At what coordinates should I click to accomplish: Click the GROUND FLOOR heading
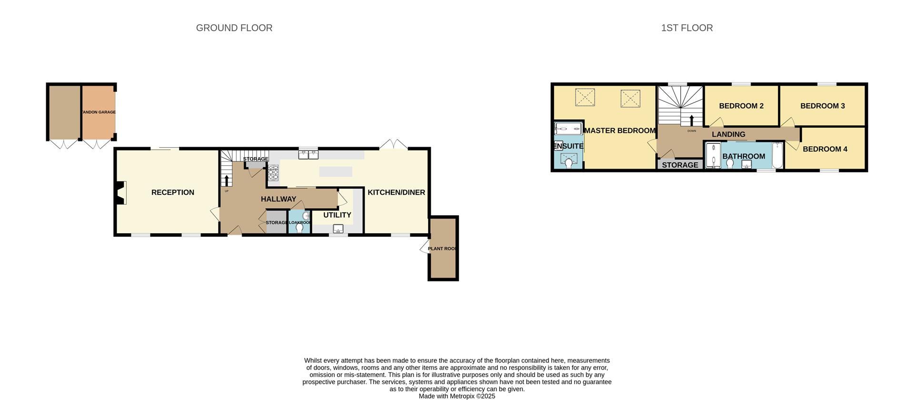[234, 28]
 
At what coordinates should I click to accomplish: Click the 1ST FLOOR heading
[686, 28]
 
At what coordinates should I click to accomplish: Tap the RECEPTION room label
[172, 192]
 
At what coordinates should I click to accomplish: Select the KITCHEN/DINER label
[396, 192]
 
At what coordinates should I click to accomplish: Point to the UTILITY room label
[337, 215]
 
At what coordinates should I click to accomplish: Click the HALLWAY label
[278, 199]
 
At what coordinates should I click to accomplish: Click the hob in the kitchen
[273, 173]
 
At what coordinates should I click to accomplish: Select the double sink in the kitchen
[308, 154]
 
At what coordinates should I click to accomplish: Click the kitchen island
[336, 171]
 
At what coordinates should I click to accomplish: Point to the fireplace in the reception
[120, 193]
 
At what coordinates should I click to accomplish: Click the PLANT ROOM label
[443, 249]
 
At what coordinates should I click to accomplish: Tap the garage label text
[99, 112]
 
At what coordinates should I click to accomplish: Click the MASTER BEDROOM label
[620, 130]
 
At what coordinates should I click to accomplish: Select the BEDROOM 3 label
[822, 106]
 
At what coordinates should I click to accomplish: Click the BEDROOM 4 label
[825, 149]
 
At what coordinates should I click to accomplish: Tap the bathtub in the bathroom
[777, 155]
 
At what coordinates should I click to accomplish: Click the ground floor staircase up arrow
[227, 180]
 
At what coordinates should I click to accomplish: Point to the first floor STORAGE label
[680, 165]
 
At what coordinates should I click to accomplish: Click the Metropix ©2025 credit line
[457, 396]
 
